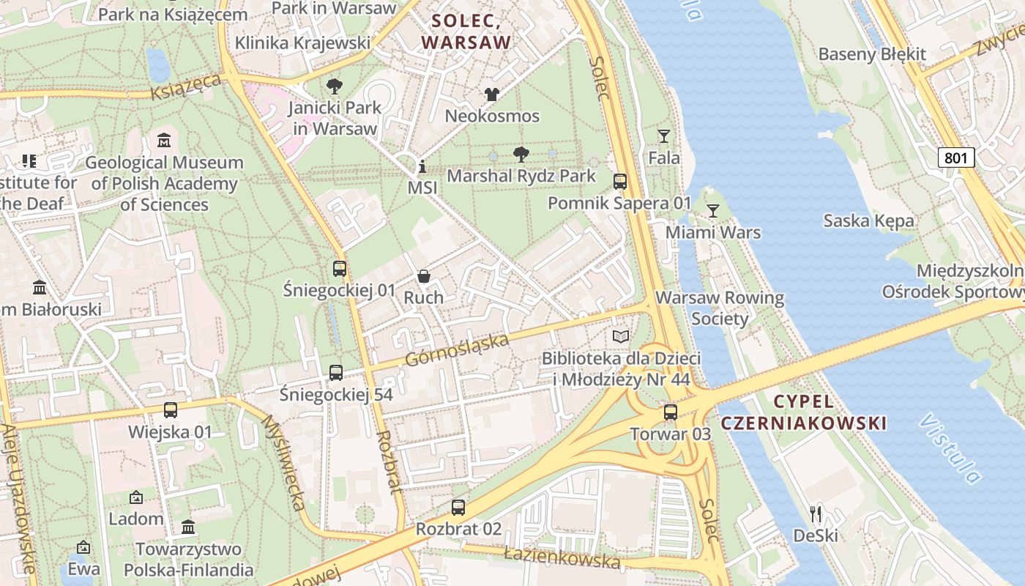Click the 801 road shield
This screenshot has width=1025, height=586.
tap(955, 157)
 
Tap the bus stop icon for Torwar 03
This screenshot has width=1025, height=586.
tap(670, 412)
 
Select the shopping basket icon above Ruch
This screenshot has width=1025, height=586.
tap(423, 276)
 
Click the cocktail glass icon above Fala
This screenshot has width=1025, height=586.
tap(663, 136)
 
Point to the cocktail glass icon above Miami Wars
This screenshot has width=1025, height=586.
tap(712, 212)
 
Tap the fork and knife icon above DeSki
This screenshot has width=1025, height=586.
tap(816, 514)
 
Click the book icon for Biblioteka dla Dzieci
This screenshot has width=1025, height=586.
tap(620, 337)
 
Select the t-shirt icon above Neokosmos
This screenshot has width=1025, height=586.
tap(491, 94)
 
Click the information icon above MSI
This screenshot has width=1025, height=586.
tap(422, 167)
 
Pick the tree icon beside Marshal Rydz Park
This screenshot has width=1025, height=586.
tap(521, 155)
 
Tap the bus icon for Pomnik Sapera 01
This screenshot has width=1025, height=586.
tap(619, 181)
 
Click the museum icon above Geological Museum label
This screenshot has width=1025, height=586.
tap(164, 140)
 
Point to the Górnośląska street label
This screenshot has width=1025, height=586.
tap(457, 350)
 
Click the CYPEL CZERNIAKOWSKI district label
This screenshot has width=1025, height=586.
tap(803, 412)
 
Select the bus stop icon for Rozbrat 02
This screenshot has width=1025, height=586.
tap(458, 507)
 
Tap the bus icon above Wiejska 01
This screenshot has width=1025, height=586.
tap(171, 410)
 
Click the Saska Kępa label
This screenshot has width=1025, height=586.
tap(868, 220)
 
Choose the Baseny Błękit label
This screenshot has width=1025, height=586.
tap(872, 54)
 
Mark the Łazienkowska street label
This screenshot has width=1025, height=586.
tap(562, 559)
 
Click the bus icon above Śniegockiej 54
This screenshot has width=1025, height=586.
tap(335, 373)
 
